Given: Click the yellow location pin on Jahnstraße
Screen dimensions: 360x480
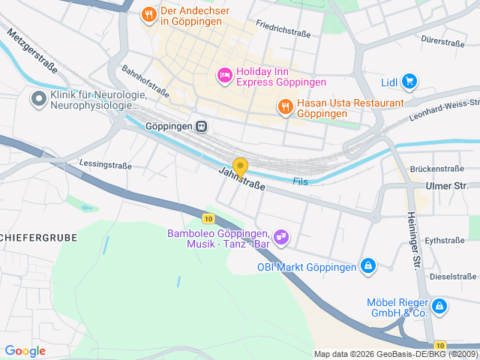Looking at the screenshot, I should [x=240, y=166].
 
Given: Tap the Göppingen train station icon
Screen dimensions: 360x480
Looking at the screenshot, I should [x=201, y=127].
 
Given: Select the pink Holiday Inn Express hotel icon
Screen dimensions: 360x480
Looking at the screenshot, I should [x=223, y=75].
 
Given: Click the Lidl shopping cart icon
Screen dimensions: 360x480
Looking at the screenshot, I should [x=409, y=82].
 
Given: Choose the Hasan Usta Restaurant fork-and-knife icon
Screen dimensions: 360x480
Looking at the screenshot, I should [x=285, y=107].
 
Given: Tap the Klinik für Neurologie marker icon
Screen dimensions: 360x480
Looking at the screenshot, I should [x=37, y=98].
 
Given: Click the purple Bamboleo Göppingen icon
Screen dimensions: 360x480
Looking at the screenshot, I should [x=282, y=237].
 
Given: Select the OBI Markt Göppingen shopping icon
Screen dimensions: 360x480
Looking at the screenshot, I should [x=367, y=266].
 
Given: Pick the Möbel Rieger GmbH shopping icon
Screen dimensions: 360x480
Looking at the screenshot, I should [x=439, y=306].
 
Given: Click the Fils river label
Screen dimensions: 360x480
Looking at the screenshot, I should [x=301, y=181].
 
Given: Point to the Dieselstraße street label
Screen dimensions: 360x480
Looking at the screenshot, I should [x=454, y=276].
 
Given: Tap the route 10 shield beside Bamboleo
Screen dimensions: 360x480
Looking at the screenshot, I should [x=208, y=218].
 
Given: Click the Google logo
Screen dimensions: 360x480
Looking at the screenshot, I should [x=25, y=350].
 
